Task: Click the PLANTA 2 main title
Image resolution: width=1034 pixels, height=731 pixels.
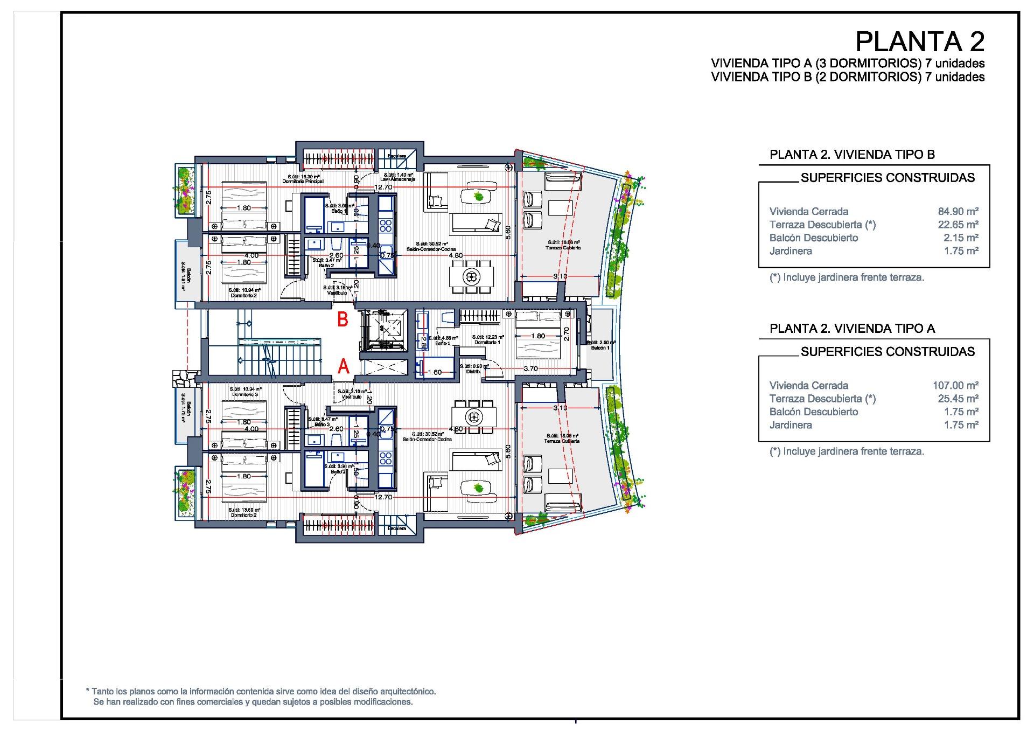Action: pos(920,41)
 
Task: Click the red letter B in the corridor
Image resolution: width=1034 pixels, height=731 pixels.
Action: pos(343,319)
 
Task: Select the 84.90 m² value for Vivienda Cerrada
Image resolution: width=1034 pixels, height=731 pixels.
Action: pos(958,212)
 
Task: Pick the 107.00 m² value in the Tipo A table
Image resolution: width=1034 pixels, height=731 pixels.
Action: pos(955,386)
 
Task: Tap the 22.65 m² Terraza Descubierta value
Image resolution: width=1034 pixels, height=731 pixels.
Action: pos(958,225)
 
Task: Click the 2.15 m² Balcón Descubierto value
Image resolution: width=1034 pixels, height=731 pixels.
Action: pos(961,238)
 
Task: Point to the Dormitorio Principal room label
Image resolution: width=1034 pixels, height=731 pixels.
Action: pos(303,182)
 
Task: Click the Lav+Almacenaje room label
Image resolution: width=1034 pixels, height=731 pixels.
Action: pos(398,179)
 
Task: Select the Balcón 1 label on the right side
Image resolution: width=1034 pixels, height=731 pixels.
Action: pos(600,348)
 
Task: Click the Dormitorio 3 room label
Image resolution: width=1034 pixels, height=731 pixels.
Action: pos(245,394)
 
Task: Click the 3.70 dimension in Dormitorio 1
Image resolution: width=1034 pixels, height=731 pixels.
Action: pos(530,369)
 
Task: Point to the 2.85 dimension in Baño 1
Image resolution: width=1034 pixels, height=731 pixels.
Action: pos(424,342)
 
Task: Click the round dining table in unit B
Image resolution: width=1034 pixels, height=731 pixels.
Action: pos(472,277)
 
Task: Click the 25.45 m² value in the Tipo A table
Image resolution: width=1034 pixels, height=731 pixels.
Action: pos(958,399)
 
